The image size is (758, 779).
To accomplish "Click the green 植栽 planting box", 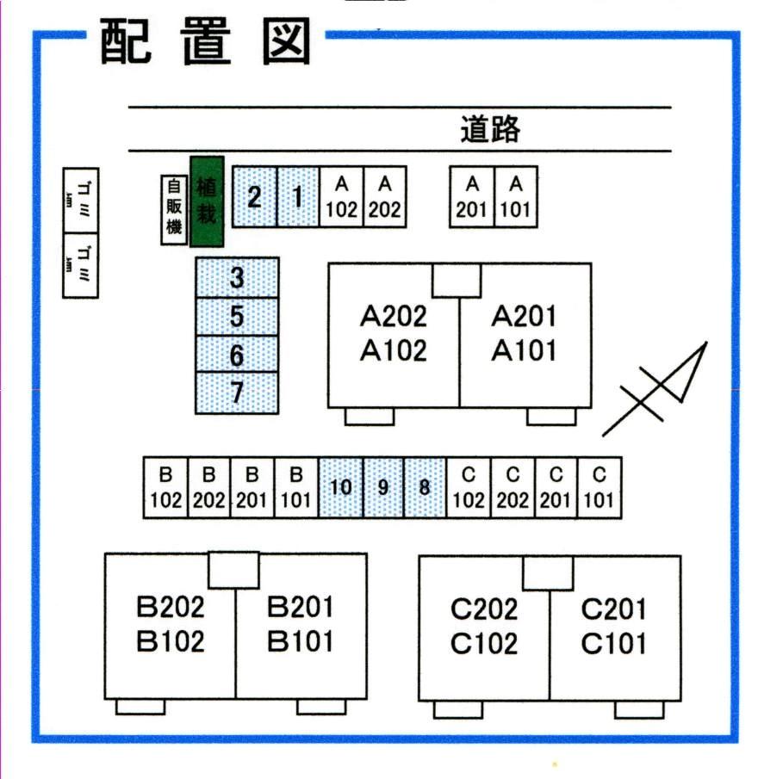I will (207, 201).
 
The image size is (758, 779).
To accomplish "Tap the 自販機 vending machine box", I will (174, 210).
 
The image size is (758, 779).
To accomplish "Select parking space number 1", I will (298, 197).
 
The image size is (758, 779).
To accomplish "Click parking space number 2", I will (254, 197).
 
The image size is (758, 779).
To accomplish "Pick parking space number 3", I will (237, 277).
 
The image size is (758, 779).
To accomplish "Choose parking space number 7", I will (237, 393).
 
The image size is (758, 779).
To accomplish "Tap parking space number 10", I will (341, 487).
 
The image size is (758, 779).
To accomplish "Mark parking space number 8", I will (425, 487).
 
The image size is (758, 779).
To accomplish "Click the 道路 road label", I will (490, 130).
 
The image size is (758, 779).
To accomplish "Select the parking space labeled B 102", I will (165, 487).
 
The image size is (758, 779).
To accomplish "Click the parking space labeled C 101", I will (600, 487).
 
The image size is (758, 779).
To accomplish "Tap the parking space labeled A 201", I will (472, 197).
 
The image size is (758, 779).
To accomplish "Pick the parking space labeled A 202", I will (385, 197).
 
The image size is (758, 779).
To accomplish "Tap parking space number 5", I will (237, 317).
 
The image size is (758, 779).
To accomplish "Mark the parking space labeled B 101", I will (296, 487).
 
